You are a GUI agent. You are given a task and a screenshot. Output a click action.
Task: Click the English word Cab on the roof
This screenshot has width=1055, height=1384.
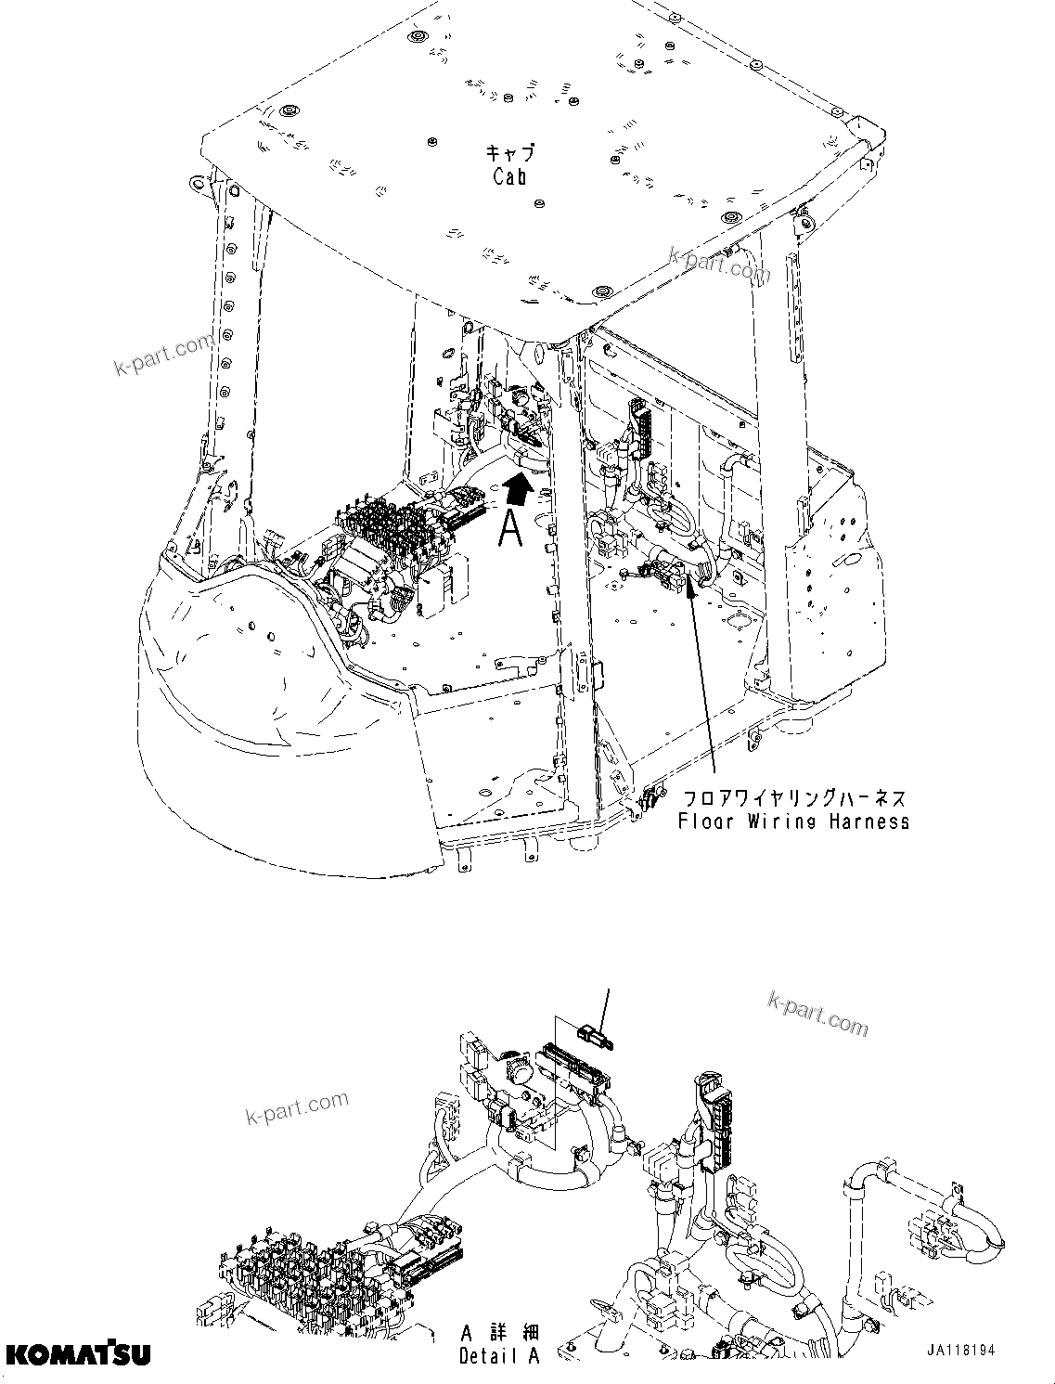point(509,176)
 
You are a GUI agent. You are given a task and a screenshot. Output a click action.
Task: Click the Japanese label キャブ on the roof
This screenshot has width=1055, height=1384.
point(510,153)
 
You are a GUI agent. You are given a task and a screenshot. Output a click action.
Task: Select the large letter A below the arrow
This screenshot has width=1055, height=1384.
point(511,528)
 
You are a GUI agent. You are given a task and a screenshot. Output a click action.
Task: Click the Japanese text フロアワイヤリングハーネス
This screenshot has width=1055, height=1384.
point(793,798)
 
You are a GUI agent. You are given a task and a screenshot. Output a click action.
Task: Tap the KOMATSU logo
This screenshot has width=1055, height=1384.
point(77,1354)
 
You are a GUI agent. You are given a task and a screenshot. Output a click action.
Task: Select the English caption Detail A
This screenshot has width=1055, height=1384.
point(499,1356)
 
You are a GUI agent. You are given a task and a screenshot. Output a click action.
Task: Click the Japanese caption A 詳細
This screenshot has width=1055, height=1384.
point(499,1333)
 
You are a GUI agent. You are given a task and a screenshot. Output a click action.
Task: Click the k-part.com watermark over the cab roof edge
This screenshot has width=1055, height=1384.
point(719,264)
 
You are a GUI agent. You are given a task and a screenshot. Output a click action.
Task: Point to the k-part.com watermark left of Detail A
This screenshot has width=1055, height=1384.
point(297,1106)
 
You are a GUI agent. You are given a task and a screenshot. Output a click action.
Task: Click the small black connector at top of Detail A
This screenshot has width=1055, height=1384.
point(590,1033)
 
